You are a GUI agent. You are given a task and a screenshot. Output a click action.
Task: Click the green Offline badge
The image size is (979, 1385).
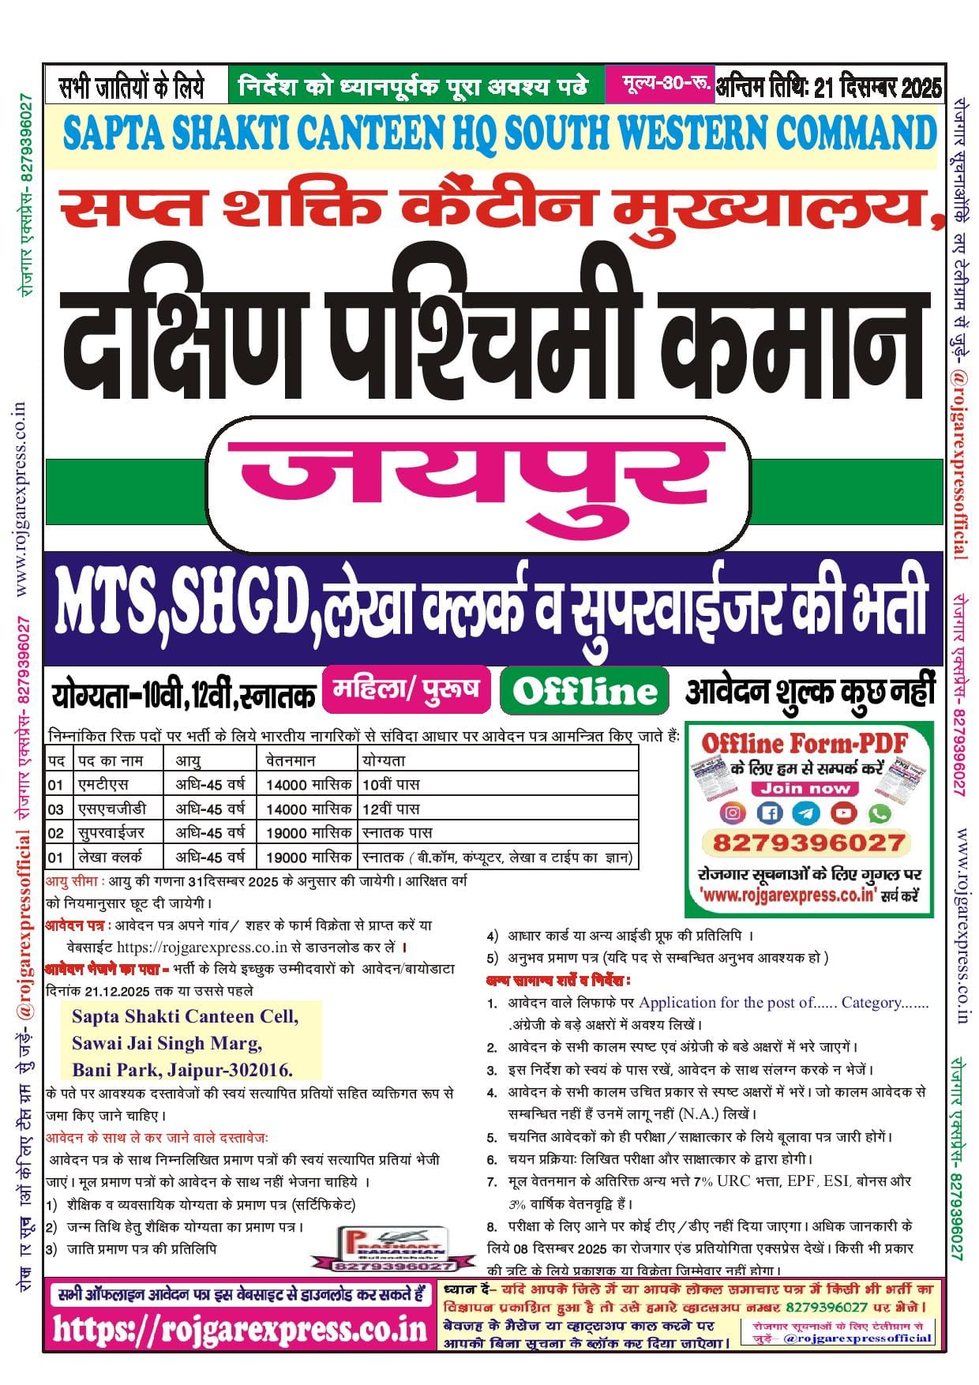(x=584, y=691)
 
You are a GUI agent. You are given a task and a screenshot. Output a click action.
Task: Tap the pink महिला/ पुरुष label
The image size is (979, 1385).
(x=406, y=689)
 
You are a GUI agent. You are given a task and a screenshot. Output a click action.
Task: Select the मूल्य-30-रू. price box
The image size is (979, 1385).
(x=658, y=83)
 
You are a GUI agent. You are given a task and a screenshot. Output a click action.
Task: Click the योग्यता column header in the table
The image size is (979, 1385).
(x=384, y=760)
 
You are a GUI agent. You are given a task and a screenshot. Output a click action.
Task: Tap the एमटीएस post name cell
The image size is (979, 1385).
(x=103, y=784)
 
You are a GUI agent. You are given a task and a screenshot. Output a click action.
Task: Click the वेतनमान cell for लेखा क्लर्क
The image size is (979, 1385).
(x=308, y=857)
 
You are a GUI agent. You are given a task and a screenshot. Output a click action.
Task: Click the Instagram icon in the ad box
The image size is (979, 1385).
(x=733, y=813)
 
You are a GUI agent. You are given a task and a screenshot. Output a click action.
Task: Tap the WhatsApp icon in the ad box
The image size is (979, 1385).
(x=879, y=813)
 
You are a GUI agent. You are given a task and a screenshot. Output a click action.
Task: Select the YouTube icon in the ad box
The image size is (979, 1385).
(x=843, y=813)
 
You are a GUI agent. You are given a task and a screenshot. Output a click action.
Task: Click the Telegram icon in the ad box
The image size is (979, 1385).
(x=806, y=813)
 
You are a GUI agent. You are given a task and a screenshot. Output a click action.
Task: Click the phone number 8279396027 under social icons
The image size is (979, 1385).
(x=808, y=843)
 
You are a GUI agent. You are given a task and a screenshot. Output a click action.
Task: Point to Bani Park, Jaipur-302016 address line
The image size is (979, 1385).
(x=182, y=1070)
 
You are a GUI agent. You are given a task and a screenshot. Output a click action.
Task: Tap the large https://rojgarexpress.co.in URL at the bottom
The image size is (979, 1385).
(x=240, y=1330)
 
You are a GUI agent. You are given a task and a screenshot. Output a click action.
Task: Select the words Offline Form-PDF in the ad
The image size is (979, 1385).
(x=805, y=743)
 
